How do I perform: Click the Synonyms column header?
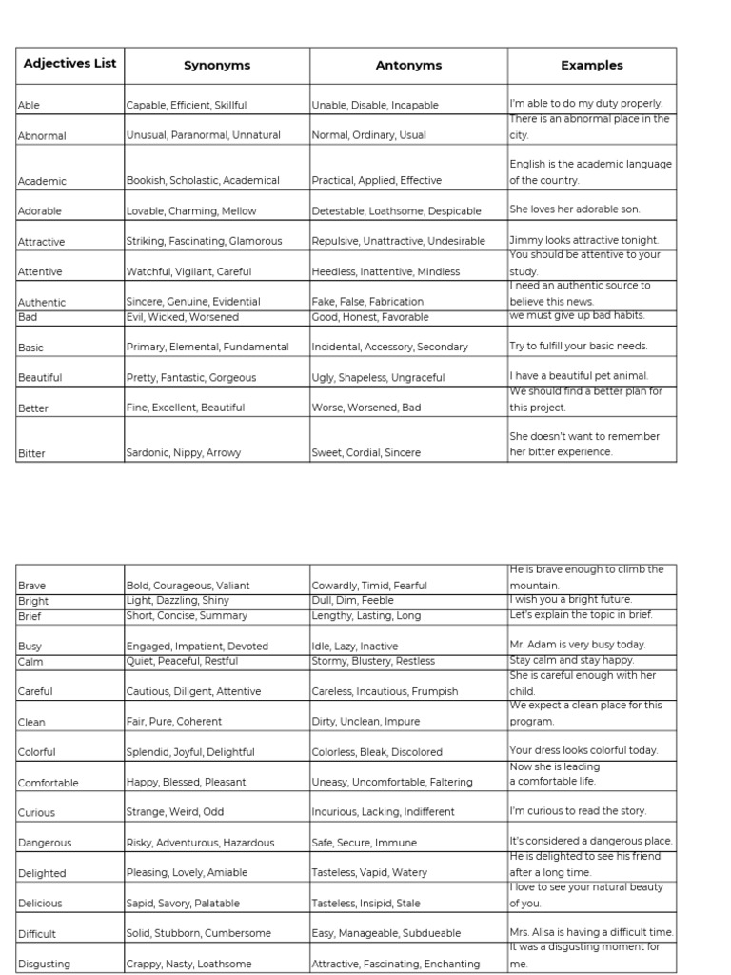coord(217,66)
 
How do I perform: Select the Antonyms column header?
coord(408,66)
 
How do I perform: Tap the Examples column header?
coord(591,66)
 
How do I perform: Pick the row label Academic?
coord(43,181)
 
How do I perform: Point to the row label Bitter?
coord(31,453)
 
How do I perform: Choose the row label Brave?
coord(31,587)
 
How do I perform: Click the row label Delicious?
coord(40,904)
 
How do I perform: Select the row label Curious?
coord(36,813)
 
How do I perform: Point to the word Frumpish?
coord(435,692)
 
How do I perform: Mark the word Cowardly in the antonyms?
coord(332,587)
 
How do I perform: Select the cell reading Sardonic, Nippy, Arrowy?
coord(184,453)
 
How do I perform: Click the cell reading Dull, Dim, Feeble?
coord(352,601)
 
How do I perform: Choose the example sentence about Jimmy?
coord(583,241)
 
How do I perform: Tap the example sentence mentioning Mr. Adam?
coord(577,645)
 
